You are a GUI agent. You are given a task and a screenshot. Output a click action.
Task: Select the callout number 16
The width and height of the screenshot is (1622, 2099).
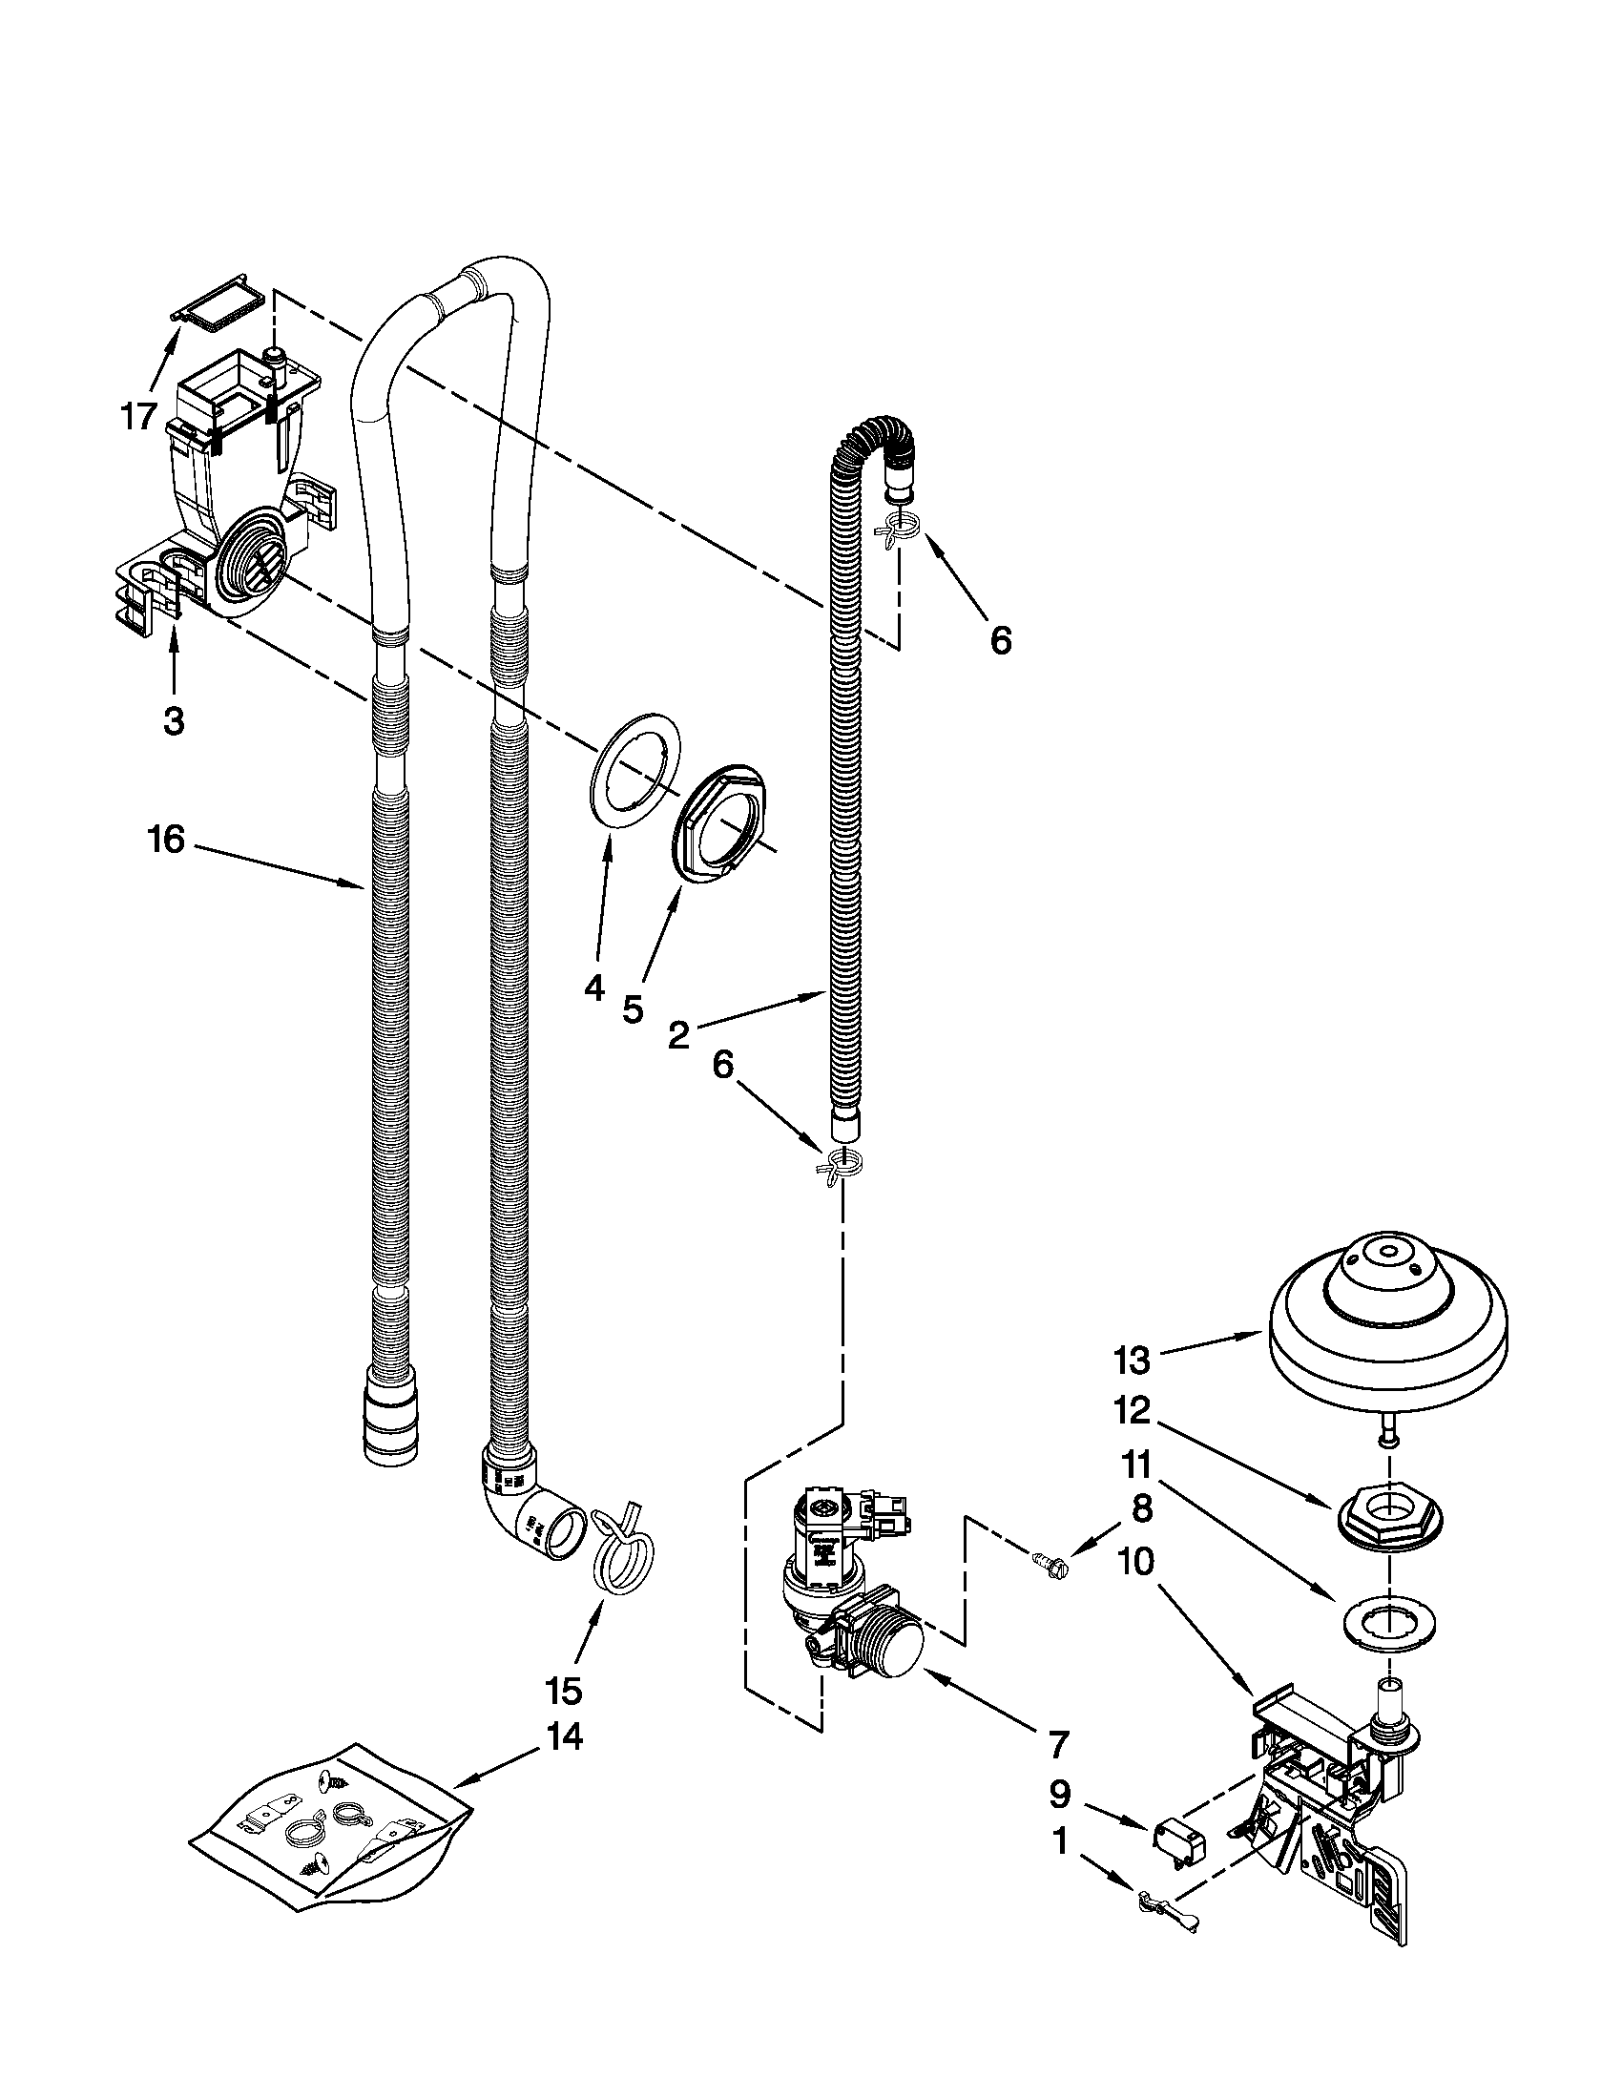(165, 839)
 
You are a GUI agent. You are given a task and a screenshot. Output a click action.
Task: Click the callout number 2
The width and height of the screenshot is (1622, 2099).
(678, 1035)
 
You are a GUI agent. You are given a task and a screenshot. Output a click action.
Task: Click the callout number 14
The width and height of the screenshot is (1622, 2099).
(564, 1736)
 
